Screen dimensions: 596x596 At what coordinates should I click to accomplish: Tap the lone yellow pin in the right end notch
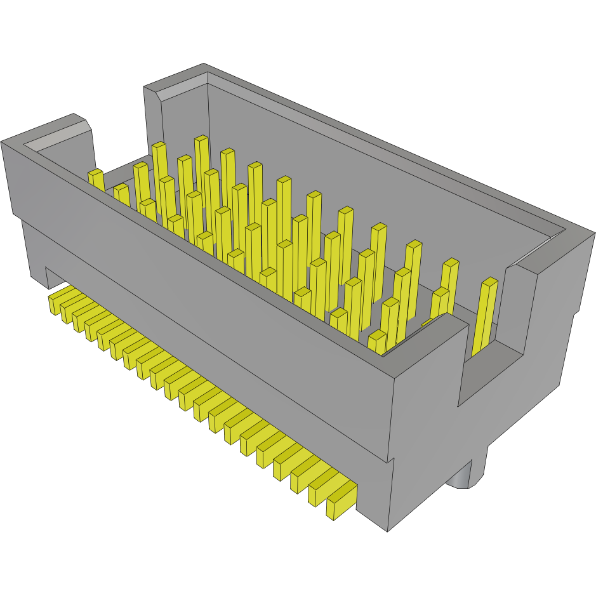[484, 317]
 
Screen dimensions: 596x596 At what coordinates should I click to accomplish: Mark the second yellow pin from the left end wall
[122, 195]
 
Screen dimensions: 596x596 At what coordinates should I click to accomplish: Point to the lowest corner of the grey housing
[388, 531]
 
